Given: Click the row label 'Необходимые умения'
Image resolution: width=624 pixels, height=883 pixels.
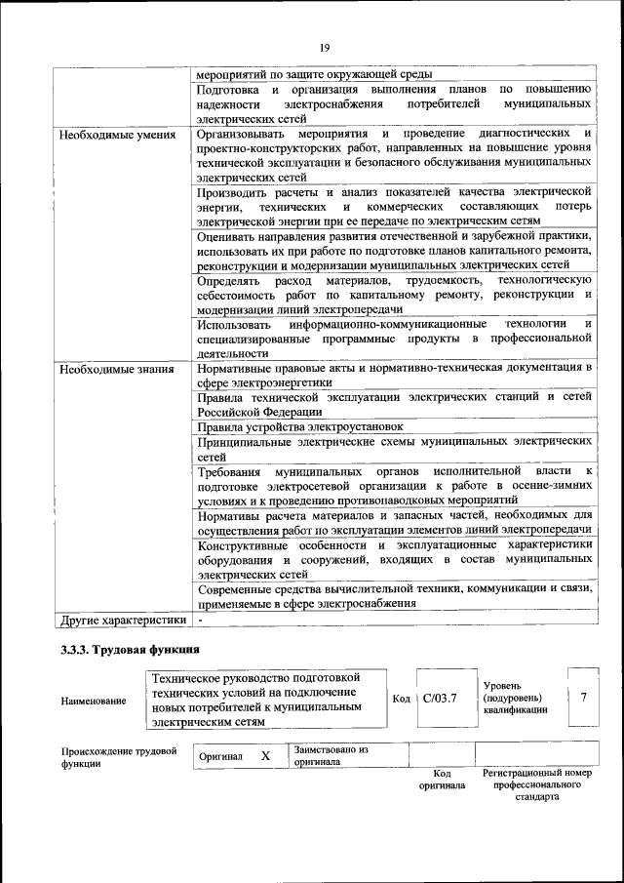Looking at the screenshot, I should (x=116, y=135).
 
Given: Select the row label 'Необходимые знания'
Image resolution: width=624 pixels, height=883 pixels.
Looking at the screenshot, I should (x=116, y=370).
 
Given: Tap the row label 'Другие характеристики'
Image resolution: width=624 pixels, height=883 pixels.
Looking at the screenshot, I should (x=122, y=620).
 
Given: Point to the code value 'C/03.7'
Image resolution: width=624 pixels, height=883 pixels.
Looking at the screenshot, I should (x=440, y=699).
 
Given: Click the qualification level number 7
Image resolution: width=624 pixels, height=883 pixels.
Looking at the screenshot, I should (x=583, y=698).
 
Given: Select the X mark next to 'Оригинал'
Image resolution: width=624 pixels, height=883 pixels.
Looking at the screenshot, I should (x=265, y=756).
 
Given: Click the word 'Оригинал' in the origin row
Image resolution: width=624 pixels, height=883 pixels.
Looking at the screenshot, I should (x=220, y=757).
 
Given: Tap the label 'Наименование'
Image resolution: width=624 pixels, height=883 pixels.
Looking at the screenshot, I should (x=93, y=701).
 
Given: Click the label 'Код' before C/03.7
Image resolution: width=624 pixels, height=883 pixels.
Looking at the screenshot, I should (x=401, y=699).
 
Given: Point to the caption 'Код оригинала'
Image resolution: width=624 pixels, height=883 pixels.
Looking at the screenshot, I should (x=442, y=780).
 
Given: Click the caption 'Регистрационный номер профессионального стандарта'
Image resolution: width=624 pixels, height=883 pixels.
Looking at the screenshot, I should (x=537, y=784).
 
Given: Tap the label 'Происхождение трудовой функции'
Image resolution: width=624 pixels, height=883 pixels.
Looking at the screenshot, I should (x=118, y=758).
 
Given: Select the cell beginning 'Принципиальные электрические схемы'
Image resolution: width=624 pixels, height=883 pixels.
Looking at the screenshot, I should (x=394, y=449).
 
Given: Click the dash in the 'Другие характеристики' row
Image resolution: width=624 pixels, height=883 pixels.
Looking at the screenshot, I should (x=200, y=620).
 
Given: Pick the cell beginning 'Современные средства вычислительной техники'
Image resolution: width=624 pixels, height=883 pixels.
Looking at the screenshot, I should (x=394, y=596).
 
